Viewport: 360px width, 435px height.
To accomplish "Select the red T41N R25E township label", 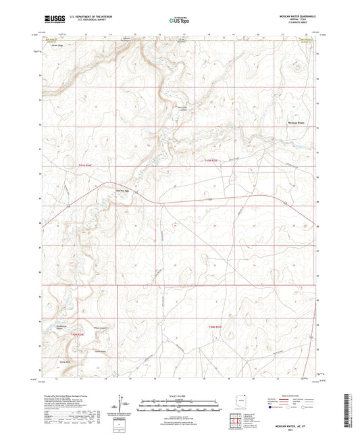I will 211,160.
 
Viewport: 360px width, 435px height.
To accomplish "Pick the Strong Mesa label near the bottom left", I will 65,362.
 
